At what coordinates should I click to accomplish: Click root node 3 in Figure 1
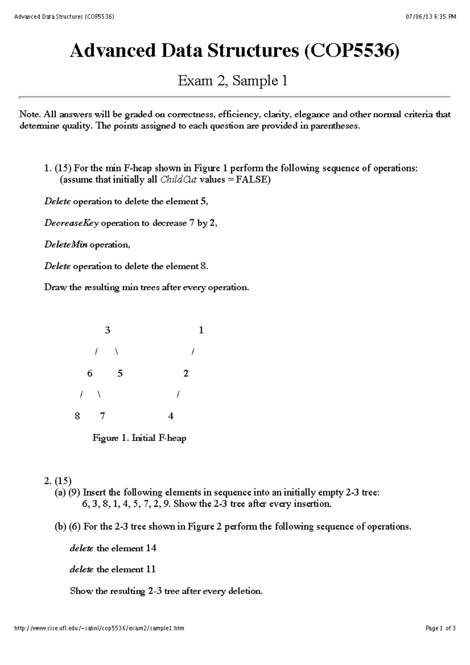[x=107, y=330]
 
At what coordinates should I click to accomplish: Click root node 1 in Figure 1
[x=201, y=330]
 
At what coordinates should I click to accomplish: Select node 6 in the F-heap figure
[x=90, y=373]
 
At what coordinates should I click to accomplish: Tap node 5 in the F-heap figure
[x=120, y=373]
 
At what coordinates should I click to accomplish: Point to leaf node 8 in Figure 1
[x=77, y=416]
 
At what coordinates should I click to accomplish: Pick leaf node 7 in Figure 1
[x=103, y=416]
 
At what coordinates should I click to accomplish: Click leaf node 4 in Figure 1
[x=171, y=416]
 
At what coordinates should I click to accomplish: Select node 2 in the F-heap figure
[x=186, y=373]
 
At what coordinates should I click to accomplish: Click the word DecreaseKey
[x=71, y=223]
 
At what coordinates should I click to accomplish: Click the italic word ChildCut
[x=179, y=180]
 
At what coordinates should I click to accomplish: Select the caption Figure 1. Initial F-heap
[x=139, y=438]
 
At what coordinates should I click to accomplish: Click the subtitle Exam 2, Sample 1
[x=233, y=81]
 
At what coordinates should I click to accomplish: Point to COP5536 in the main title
[x=351, y=51]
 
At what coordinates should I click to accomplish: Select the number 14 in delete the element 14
[x=151, y=548]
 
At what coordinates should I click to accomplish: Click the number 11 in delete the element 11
[x=151, y=569]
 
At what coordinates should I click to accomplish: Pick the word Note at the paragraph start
[x=30, y=114]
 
